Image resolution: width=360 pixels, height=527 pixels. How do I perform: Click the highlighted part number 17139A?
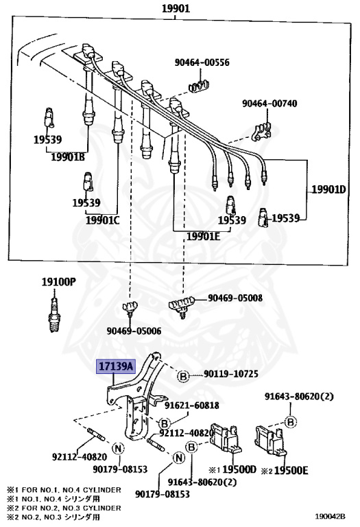115,366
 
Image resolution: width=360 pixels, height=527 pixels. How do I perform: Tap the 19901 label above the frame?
176,8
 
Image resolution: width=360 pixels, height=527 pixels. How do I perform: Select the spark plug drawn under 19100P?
53,313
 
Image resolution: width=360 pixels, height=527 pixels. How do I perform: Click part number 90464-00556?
202,62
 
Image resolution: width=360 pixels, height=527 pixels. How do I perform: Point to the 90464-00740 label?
269,103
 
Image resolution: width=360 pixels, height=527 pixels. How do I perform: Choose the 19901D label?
328,189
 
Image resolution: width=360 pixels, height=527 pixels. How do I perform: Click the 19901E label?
203,236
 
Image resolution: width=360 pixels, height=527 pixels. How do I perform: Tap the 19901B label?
68,156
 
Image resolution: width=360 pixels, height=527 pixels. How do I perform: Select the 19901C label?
102,220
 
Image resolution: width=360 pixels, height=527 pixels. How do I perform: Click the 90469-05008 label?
235,298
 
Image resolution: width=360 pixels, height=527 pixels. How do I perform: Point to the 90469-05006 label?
134,331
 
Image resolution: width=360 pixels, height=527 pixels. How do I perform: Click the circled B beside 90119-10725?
183,376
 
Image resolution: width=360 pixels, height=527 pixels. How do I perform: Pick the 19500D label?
239,469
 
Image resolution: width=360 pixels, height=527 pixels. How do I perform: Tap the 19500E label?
291,470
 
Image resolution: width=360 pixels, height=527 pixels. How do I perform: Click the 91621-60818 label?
191,406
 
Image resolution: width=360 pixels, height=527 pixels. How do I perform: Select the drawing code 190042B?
330,516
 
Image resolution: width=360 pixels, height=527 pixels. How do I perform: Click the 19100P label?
59,281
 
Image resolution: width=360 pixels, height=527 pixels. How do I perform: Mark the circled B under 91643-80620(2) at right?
291,421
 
